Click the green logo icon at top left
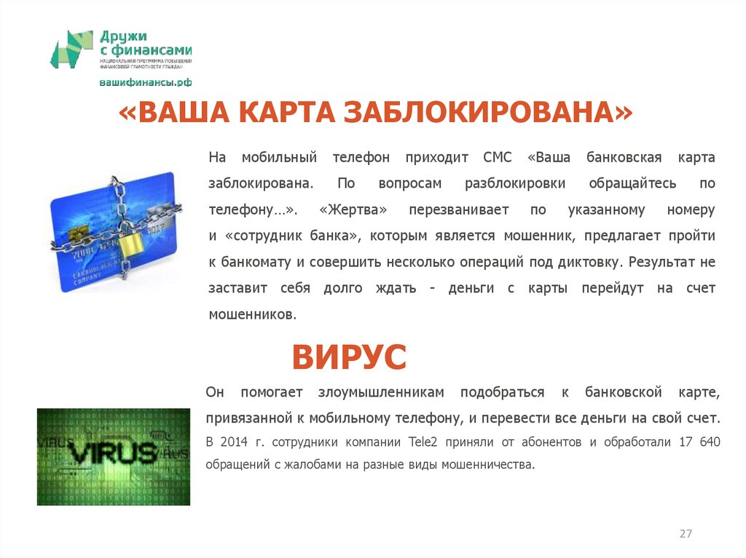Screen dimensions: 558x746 coord(71,49)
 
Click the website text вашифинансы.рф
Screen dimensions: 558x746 coord(146,82)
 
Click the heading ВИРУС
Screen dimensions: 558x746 coord(349,357)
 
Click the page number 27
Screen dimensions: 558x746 coord(686,534)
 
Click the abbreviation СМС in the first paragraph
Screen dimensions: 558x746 coord(498,157)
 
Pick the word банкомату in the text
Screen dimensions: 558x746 coord(252,262)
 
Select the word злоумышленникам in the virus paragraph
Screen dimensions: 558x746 coord(380,393)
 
